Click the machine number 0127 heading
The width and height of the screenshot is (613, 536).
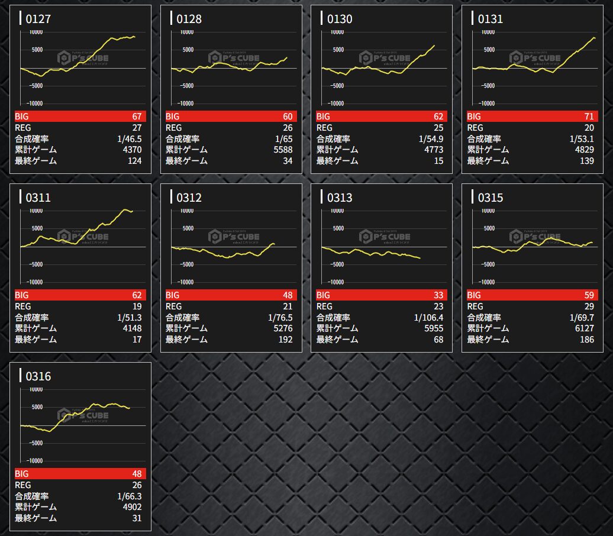coord(38,19)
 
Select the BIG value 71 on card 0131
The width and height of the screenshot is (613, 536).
coord(588,117)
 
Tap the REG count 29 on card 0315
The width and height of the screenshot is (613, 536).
coord(588,306)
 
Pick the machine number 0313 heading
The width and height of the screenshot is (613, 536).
coord(340,198)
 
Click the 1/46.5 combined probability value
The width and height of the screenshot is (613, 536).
coord(130,139)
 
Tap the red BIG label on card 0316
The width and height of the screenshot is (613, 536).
coord(22,474)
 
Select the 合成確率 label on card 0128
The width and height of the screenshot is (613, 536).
coord(182,139)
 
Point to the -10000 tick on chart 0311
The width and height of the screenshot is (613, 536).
coord(33,282)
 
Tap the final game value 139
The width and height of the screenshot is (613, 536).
coord(587,161)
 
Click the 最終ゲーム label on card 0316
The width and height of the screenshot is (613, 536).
coord(36,518)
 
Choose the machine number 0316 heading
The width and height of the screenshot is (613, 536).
coord(38,376)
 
